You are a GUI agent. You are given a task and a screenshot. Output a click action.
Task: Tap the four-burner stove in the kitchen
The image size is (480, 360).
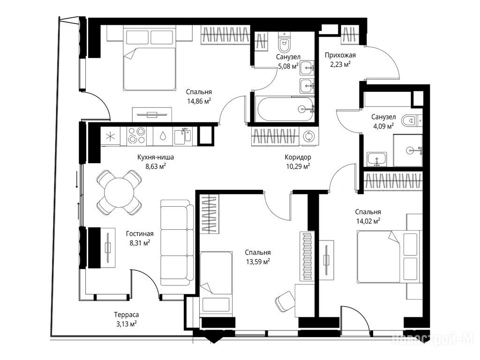click(136, 135)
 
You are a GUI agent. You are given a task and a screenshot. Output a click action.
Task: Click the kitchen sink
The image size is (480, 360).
click(183, 136)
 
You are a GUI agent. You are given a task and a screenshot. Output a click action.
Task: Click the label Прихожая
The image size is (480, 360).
click(340, 55)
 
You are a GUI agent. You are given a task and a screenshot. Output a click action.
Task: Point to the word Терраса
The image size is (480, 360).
click(127, 315)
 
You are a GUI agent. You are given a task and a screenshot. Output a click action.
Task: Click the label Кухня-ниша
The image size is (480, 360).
click(156, 157)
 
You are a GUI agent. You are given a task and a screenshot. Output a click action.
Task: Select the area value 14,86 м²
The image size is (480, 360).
click(199, 101)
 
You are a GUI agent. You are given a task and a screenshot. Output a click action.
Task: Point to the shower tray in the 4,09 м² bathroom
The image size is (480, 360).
click(408, 150)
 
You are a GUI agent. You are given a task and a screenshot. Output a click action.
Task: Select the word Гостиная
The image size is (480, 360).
click(140, 234)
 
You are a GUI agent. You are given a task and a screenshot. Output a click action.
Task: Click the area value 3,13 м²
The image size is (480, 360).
click(126, 323)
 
